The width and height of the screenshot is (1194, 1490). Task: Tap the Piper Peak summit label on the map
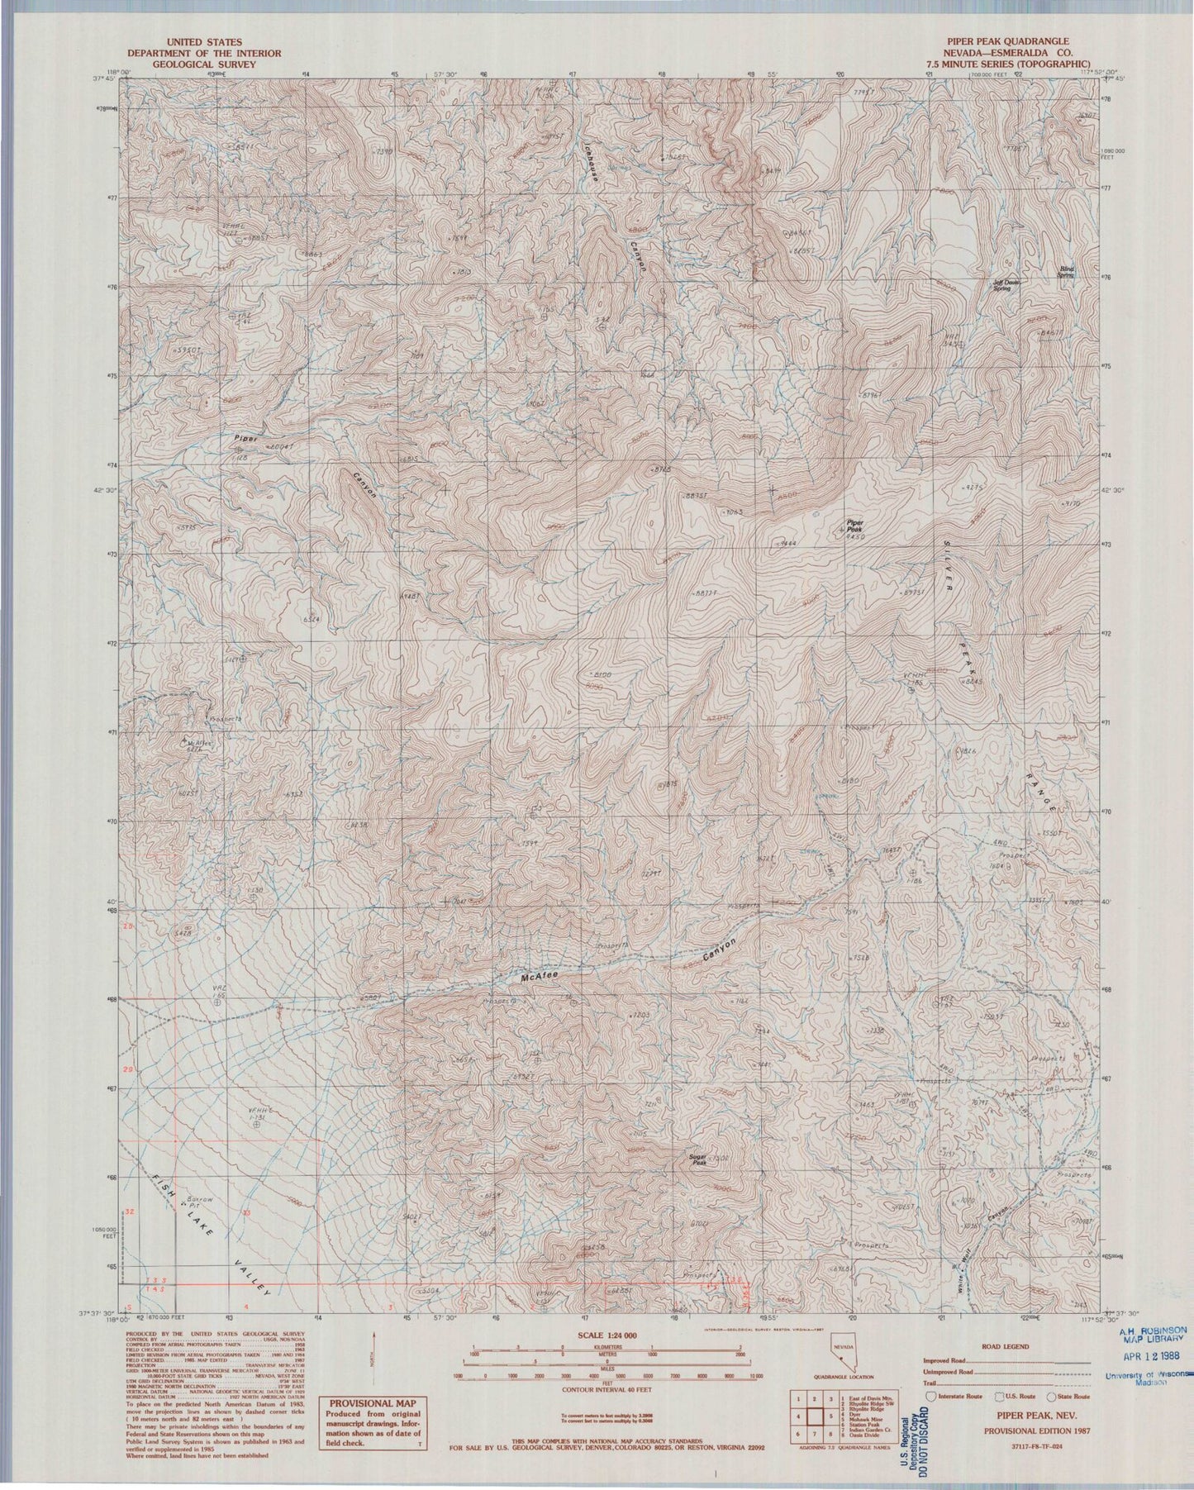854,524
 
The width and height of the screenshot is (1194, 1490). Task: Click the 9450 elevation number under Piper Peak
855,536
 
